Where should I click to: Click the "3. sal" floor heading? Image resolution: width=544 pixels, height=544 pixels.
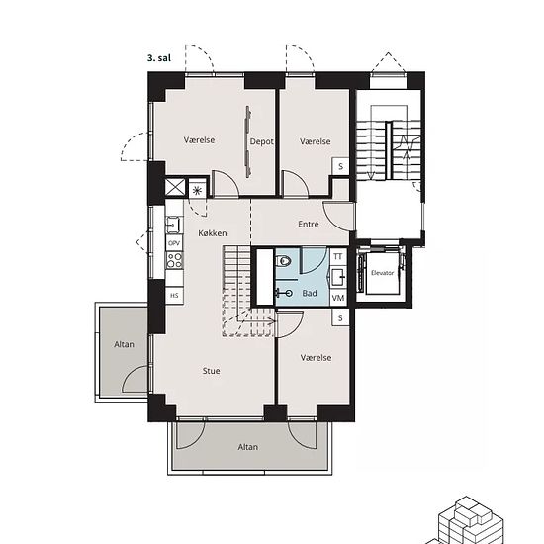[159, 58]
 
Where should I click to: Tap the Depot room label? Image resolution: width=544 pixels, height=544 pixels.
[261, 141]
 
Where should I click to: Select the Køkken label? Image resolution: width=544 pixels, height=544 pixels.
[213, 233]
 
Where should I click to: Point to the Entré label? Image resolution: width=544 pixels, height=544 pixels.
[308, 225]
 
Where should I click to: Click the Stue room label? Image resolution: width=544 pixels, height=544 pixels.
[211, 371]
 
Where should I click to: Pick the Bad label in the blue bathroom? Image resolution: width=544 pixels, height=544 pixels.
[310, 293]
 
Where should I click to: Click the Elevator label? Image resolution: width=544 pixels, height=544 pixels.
[382, 273]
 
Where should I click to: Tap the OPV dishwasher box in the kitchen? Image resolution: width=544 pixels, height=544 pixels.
[174, 243]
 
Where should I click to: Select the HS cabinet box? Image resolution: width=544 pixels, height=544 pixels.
[174, 296]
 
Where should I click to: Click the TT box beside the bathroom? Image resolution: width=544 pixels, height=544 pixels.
[338, 257]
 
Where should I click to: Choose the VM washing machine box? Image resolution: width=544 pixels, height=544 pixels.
[338, 298]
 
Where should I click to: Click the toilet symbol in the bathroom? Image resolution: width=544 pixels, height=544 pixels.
[283, 260]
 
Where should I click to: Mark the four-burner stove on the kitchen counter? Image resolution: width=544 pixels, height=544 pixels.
[174, 260]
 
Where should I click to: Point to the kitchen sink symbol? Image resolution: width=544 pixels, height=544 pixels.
[174, 225]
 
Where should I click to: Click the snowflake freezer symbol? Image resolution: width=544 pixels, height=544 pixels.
[197, 191]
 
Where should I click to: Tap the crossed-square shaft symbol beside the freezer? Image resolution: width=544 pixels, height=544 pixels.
[175, 187]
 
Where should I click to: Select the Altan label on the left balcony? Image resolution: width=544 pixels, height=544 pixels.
[124, 344]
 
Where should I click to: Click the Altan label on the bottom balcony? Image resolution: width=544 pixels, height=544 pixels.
[247, 447]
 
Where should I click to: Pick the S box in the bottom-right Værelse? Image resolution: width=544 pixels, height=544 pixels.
[340, 317]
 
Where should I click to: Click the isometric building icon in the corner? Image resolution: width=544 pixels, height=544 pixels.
[467, 521]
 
